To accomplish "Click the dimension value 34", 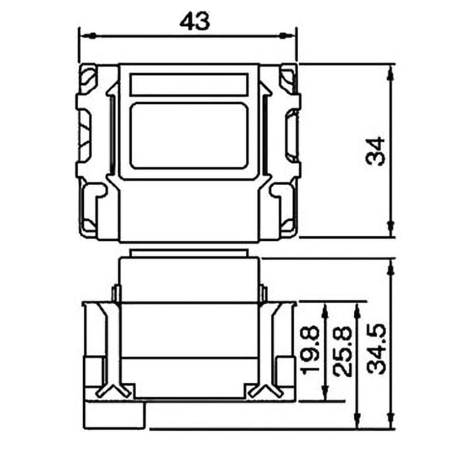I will click(x=376, y=152).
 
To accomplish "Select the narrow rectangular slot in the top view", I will click(x=190, y=85).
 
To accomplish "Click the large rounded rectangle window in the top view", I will click(x=190, y=136).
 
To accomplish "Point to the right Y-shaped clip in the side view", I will click(x=263, y=390).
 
